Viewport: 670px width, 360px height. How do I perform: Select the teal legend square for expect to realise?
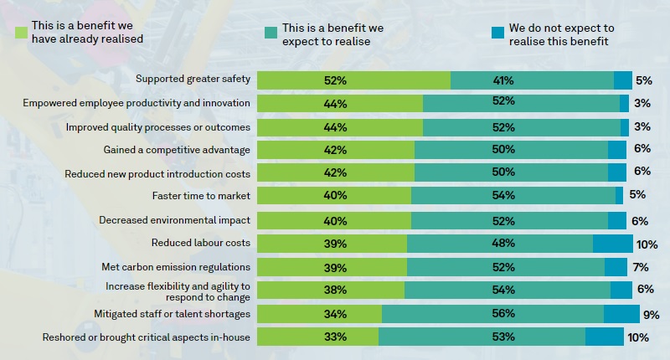tap(270, 32)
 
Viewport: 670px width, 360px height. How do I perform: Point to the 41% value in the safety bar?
tap(503, 80)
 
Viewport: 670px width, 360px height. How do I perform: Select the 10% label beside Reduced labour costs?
tap(647, 244)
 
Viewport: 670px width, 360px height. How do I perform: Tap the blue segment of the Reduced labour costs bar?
tap(612, 244)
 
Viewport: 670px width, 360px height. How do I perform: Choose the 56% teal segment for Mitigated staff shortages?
tap(492, 314)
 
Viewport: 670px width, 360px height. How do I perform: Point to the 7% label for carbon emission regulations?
tap(642, 267)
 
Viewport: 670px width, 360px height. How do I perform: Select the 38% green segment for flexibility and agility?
tap(331, 290)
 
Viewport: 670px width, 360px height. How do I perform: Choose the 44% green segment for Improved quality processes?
tap(339, 127)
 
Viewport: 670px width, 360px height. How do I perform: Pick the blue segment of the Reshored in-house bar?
tap(604, 337)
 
